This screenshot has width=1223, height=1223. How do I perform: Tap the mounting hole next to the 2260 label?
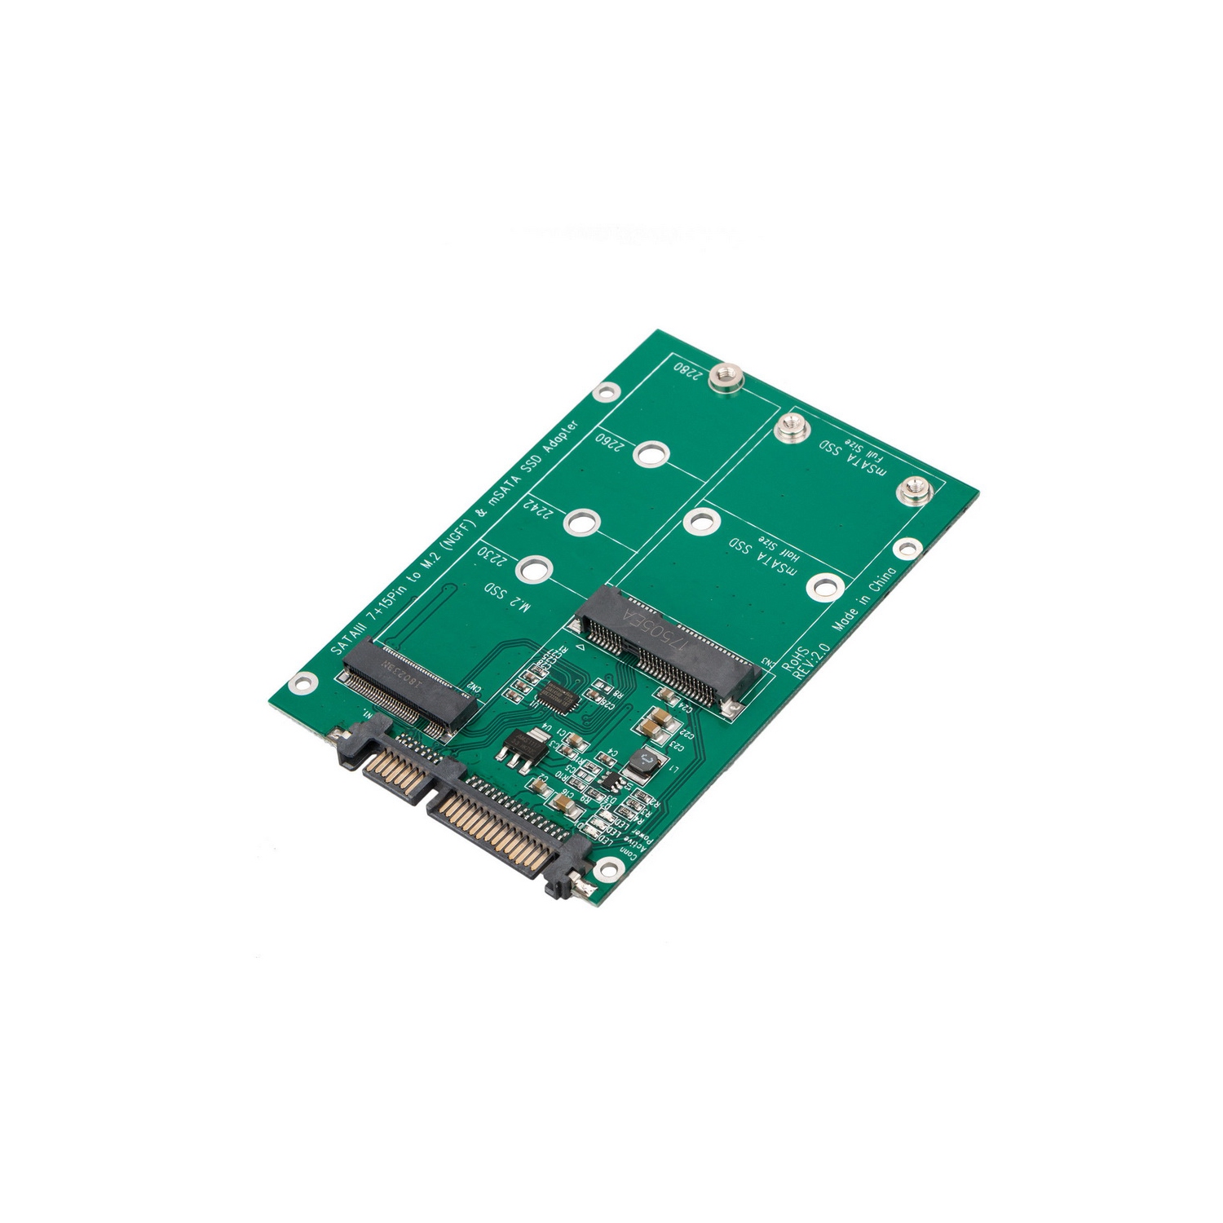tap(649, 453)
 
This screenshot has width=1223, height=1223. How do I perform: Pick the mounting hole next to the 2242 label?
tap(579, 521)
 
